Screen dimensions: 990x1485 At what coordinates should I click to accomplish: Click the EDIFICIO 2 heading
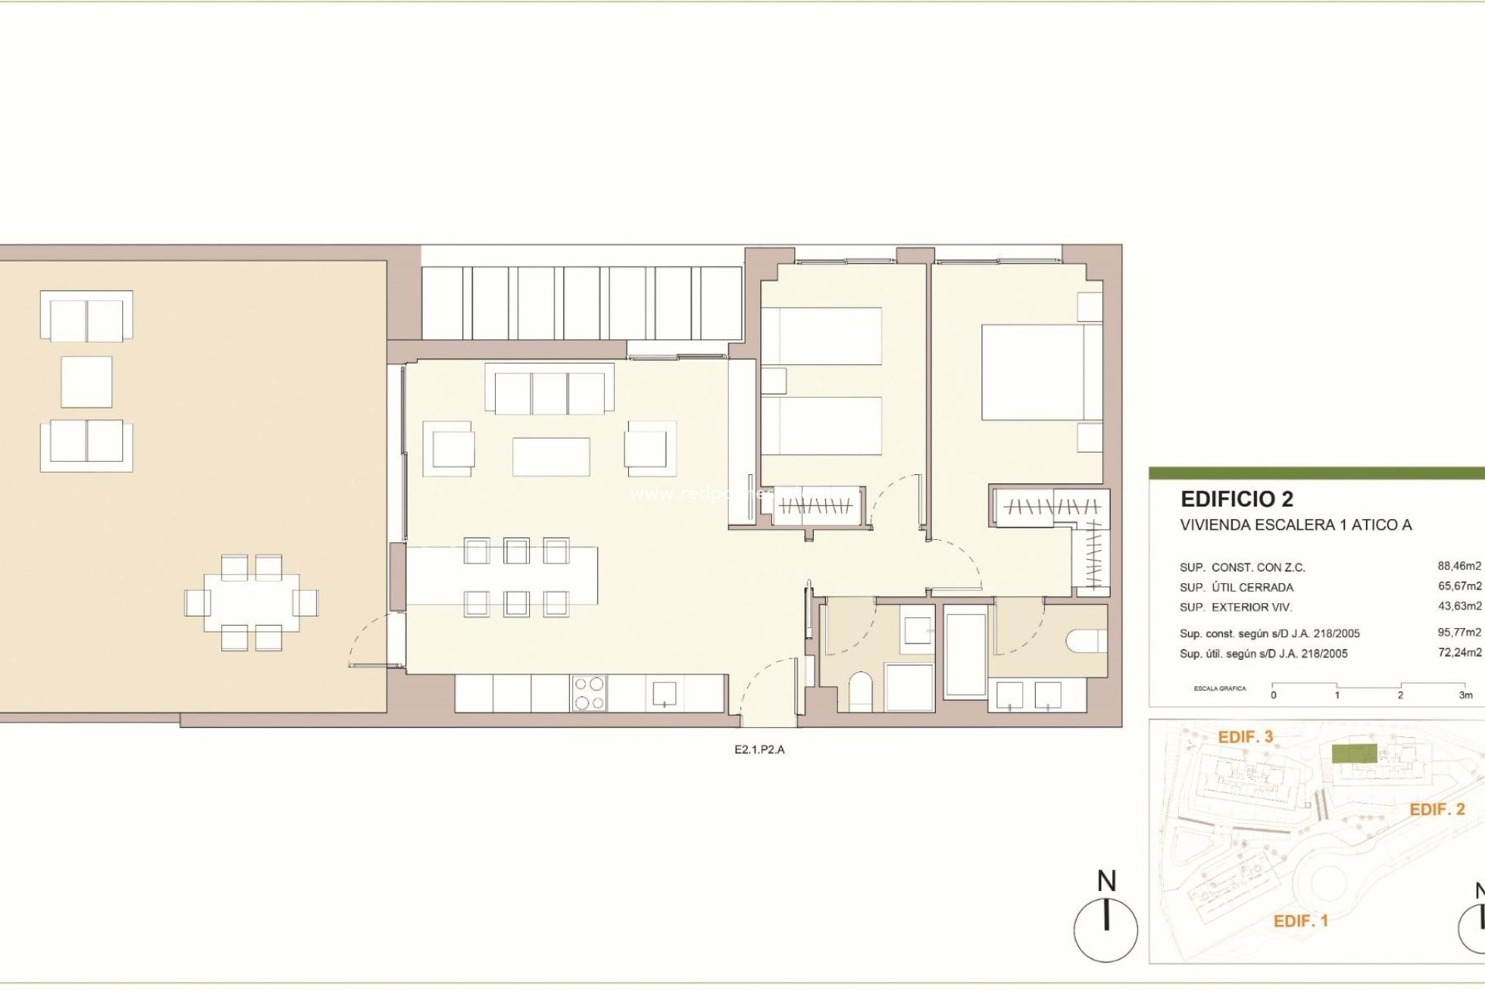(x=1236, y=499)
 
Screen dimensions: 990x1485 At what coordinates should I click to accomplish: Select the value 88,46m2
(x=1459, y=566)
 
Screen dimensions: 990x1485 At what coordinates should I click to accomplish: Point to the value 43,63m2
(x=1459, y=606)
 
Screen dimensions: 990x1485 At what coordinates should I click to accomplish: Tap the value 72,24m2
(x=1459, y=653)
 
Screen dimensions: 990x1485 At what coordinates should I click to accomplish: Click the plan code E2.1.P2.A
(x=759, y=749)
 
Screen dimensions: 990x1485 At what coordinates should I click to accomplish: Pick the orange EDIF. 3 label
(x=1245, y=737)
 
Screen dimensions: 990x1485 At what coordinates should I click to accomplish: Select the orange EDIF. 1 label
(x=1300, y=921)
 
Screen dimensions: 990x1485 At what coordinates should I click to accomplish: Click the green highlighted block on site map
(x=1354, y=754)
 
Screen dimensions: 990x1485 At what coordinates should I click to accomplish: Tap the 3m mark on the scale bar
(x=1465, y=695)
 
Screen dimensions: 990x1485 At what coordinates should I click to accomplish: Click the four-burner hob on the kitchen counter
(x=589, y=693)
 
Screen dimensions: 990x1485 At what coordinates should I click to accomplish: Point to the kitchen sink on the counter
(x=664, y=693)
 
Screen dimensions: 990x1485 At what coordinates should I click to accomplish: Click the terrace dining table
(x=251, y=602)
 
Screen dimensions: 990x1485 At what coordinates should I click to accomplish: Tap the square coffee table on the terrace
(x=87, y=381)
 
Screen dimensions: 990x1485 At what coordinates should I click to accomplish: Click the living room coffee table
(x=551, y=456)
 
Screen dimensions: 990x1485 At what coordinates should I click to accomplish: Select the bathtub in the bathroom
(x=965, y=655)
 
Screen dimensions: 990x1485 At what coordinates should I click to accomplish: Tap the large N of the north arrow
(x=1107, y=881)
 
